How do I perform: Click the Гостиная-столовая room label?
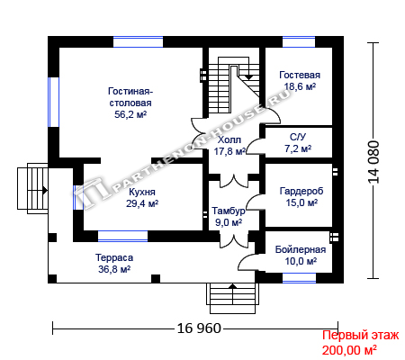tap(130, 97)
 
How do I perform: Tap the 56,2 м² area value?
tap(130, 114)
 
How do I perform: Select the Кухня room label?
tap(142, 192)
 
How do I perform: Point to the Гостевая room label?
tap(300, 75)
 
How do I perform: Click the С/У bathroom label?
tap(298, 137)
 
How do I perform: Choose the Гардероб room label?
tap(301, 191)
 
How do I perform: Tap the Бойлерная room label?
tap(301, 249)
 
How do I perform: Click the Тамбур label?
tap(229, 211)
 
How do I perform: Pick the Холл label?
tap(229, 139)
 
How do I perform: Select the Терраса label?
tap(114, 257)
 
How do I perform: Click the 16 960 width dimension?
tap(199, 328)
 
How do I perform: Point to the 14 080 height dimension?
tap(373, 162)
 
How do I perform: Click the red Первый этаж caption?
tap(360, 336)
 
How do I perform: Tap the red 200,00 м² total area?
tap(349, 350)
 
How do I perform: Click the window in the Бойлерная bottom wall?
tap(299, 278)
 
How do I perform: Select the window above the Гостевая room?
tap(299, 41)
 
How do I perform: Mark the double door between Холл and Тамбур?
tap(234, 181)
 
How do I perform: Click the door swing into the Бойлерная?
tap(247, 262)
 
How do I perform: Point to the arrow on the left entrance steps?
tap(45, 190)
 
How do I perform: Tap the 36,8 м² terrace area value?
tap(114, 269)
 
